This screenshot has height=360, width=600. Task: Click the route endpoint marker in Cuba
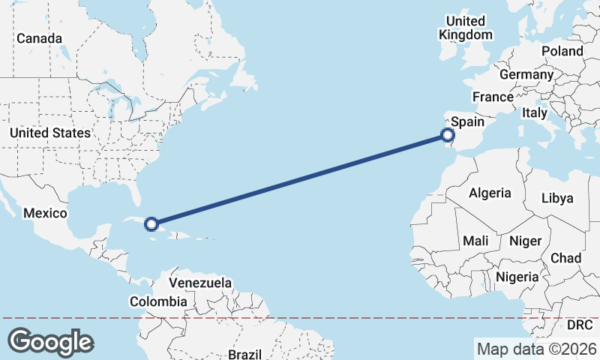click(x=151, y=223)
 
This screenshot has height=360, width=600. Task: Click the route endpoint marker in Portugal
click(x=447, y=136)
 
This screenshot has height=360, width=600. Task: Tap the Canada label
click(x=39, y=38)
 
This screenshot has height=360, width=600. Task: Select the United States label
click(x=50, y=133)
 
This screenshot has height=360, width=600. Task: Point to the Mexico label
click(x=45, y=213)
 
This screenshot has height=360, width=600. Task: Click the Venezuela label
click(x=200, y=283)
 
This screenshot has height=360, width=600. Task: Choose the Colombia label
click(x=158, y=301)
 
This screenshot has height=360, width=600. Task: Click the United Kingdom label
click(x=466, y=28)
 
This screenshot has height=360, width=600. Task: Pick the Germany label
click(x=526, y=75)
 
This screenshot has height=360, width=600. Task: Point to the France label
click(x=493, y=97)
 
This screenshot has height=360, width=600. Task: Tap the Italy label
click(x=535, y=112)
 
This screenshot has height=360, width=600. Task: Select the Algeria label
click(x=490, y=193)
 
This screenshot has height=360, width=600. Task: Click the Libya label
click(x=557, y=199)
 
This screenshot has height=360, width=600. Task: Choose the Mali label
click(x=475, y=241)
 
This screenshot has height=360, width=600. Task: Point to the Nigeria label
click(x=516, y=277)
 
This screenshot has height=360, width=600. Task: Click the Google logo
click(x=50, y=342)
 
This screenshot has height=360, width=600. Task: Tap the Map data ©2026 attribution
click(x=536, y=349)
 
